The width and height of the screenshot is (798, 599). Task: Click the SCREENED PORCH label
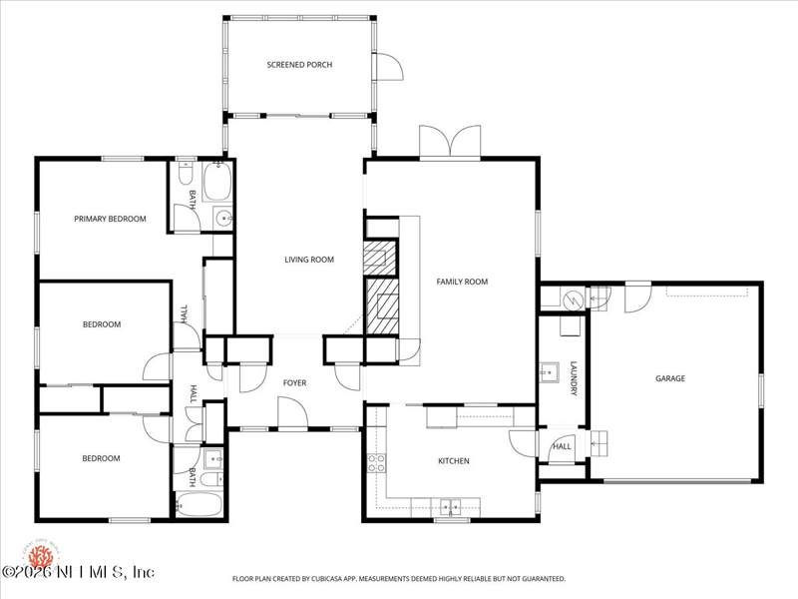point(299,65)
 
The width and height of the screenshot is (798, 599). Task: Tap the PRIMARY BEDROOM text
point(110,219)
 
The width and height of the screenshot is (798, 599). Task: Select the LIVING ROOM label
point(309,260)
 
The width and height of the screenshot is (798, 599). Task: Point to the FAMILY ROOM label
point(462,282)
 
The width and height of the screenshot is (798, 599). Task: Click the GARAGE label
point(670,378)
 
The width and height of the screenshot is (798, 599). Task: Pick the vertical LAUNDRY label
point(574,379)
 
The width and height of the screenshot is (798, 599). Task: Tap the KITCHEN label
point(453,461)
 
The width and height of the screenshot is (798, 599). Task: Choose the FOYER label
point(294,382)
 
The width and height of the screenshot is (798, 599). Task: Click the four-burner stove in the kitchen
point(377,462)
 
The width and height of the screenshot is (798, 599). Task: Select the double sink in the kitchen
point(452,506)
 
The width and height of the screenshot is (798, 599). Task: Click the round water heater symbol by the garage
point(573,298)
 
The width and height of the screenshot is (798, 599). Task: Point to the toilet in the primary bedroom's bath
point(184,174)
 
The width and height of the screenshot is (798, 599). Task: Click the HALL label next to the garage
point(563,446)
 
